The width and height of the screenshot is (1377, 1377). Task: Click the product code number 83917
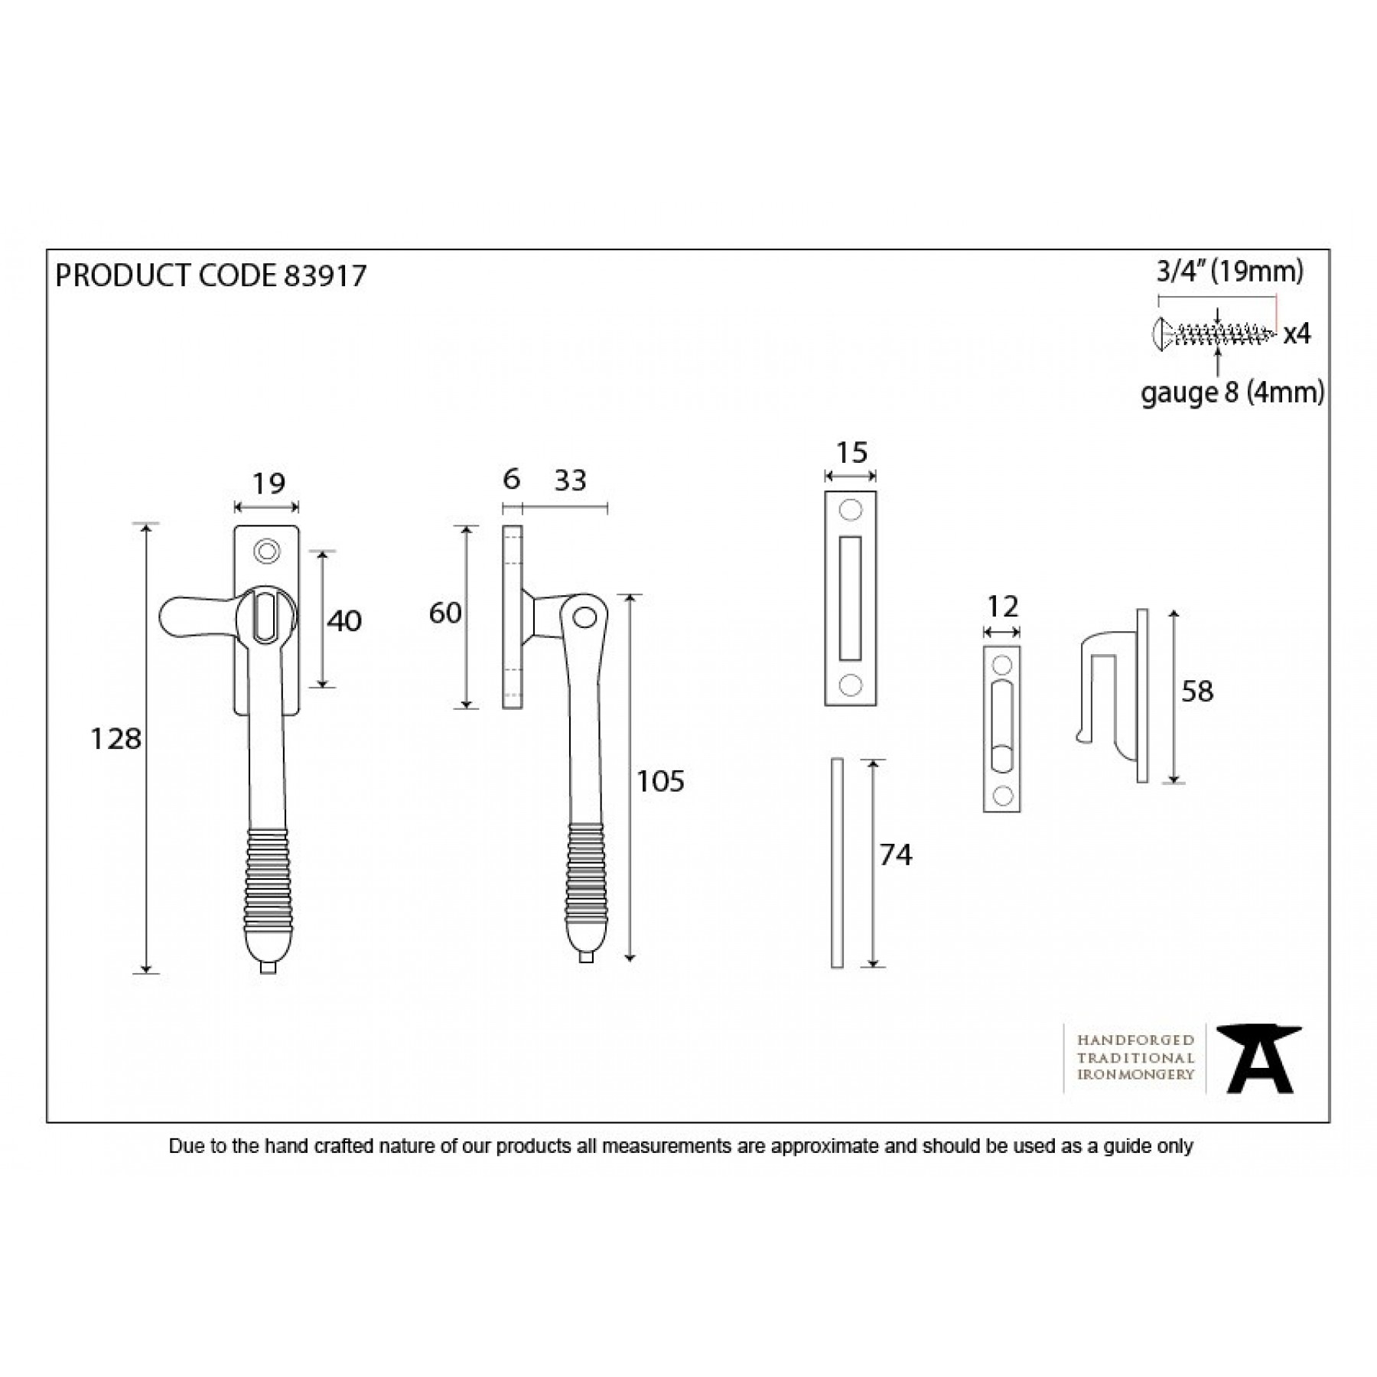tap(324, 275)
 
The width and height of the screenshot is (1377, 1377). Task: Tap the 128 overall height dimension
tap(116, 739)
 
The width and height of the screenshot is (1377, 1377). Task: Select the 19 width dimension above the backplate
tap(268, 483)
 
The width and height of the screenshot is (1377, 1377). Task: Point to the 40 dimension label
tap(343, 621)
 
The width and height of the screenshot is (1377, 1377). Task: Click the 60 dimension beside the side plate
tap(445, 613)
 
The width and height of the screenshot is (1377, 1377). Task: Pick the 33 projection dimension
tap(570, 480)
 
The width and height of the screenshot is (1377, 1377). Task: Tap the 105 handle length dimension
tap(660, 781)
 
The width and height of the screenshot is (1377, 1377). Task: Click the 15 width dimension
tap(851, 453)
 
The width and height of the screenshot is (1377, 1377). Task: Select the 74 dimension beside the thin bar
tap(895, 855)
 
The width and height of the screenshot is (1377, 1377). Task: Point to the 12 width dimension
tap(1002, 607)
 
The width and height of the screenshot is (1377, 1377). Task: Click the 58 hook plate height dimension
tap(1197, 692)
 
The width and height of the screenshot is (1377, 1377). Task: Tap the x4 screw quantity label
tap(1297, 334)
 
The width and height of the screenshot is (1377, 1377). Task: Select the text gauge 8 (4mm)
tap(1232, 393)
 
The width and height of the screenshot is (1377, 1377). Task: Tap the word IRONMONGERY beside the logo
tap(1135, 1075)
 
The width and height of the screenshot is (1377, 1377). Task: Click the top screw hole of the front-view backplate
tap(266, 551)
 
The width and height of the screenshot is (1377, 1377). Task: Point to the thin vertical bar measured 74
tap(837, 863)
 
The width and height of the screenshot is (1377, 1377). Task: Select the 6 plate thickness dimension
tap(512, 480)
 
